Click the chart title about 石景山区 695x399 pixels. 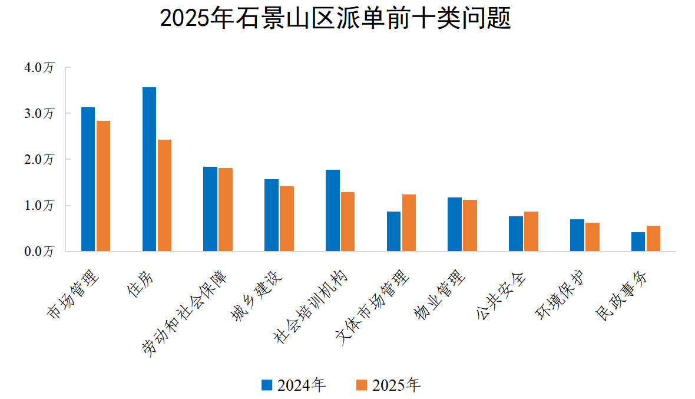point(335,19)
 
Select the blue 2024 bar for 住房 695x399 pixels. point(149,170)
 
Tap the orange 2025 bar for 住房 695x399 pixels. point(164,196)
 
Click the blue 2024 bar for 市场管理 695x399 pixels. point(88,180)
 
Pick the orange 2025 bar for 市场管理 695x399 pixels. point(103,186)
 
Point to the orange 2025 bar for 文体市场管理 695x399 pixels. point(409,223)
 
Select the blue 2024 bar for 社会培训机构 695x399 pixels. point(332,210)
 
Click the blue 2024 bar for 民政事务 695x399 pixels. point(638,242)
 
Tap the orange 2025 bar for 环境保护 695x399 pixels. point(592,237)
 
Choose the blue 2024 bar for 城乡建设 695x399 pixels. point(271,215)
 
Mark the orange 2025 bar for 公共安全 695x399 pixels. point(531,232)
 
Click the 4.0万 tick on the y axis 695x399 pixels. point(39,67)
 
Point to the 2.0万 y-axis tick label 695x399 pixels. point(39,160)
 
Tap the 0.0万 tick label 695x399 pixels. point(39,252)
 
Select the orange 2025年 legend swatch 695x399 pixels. point(362,385)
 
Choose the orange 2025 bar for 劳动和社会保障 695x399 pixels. point(226,210)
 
